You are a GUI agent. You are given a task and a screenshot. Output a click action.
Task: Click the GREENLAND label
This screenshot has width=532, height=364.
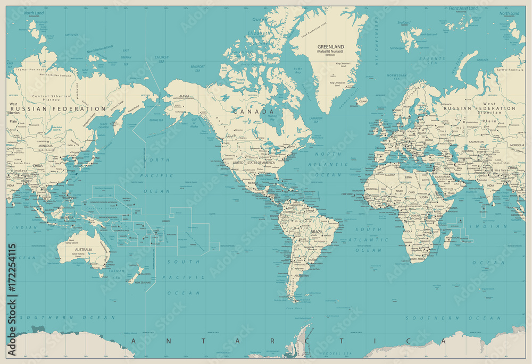click(x=330, y=47)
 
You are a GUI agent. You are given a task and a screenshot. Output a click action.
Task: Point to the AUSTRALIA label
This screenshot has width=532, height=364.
click(x=84, y=250)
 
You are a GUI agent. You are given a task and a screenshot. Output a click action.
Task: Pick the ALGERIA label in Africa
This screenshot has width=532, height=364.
click(x=390, y=174)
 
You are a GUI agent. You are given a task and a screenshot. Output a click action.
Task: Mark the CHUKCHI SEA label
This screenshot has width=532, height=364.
click(x=161, y=58)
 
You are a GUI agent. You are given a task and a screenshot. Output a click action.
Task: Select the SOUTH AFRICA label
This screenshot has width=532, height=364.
click(x=419, y=259)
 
